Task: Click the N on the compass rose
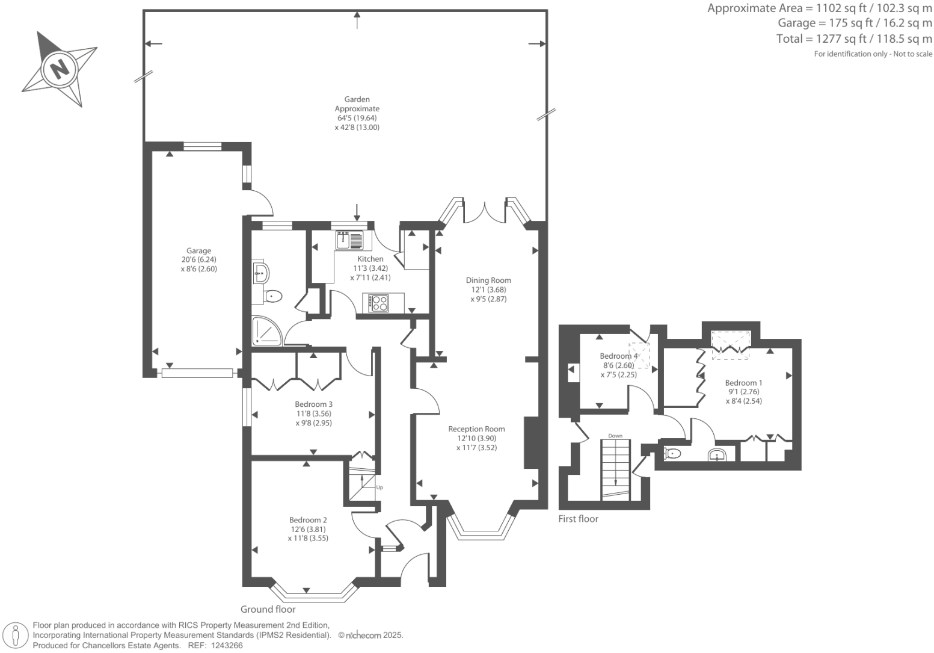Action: [x=60, y=68]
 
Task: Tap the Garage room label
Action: [x=198, y=251]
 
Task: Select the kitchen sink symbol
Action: [x=349, y=240]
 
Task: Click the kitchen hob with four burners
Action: [x=379, y=303]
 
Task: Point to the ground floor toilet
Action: [x=272, y=296]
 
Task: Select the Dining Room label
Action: [x=488, y=280]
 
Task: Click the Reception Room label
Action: [x=476, y=429]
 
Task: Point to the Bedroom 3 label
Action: [x=313, y=404]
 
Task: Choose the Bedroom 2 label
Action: [x=308, y=520]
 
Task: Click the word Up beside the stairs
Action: [x=379, y=487]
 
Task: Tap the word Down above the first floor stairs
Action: [x=615, y=436]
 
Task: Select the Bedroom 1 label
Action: [x=743, y=383]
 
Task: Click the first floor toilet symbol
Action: [x=672, y=453]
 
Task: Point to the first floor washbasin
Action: [x=717, y=454]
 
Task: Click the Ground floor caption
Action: [x=268, y=609]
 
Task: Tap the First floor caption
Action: [x=579, y=519]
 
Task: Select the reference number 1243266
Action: [x=227, y=646]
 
